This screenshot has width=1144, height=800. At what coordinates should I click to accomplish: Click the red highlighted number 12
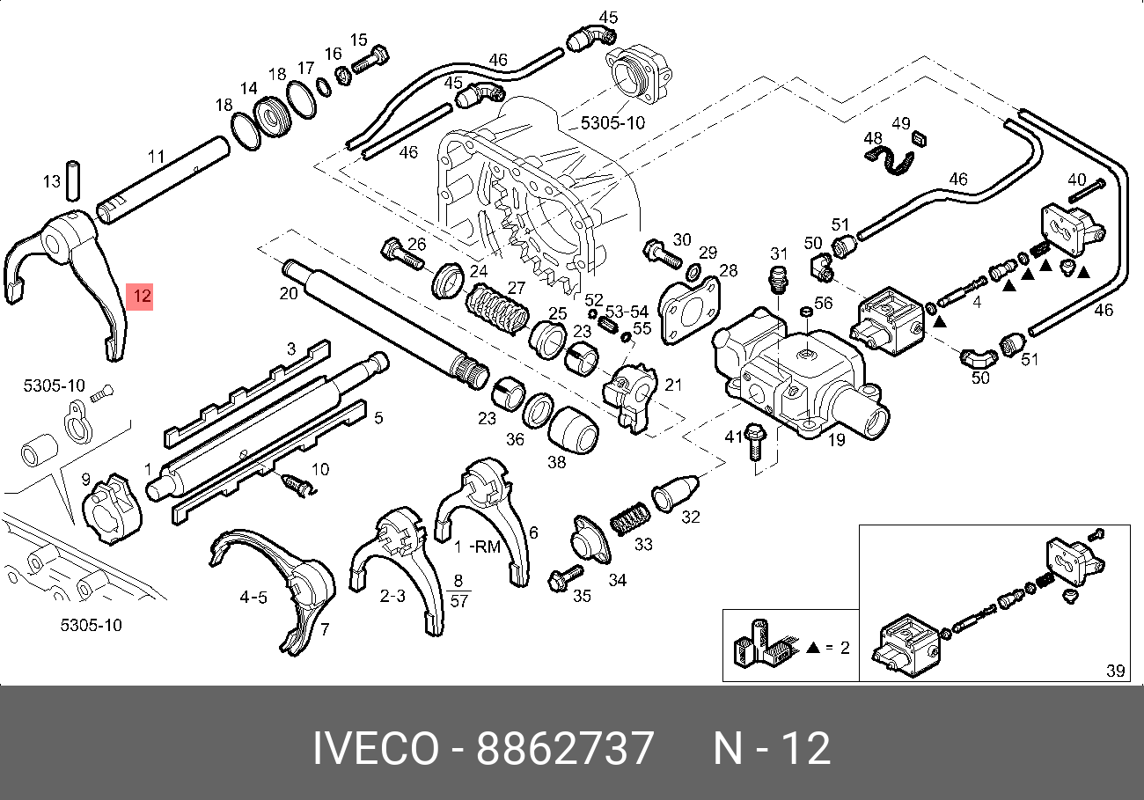click(142, 296)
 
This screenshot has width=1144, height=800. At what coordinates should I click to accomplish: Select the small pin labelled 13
click(74, 180)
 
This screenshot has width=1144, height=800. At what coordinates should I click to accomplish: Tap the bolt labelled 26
click(401, 253)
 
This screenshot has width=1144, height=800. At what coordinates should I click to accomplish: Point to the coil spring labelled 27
click(496, 309)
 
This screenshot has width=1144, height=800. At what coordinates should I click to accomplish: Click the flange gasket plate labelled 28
click(690, 310)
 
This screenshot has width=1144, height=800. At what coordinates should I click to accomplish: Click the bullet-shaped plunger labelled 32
click(675, 493)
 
